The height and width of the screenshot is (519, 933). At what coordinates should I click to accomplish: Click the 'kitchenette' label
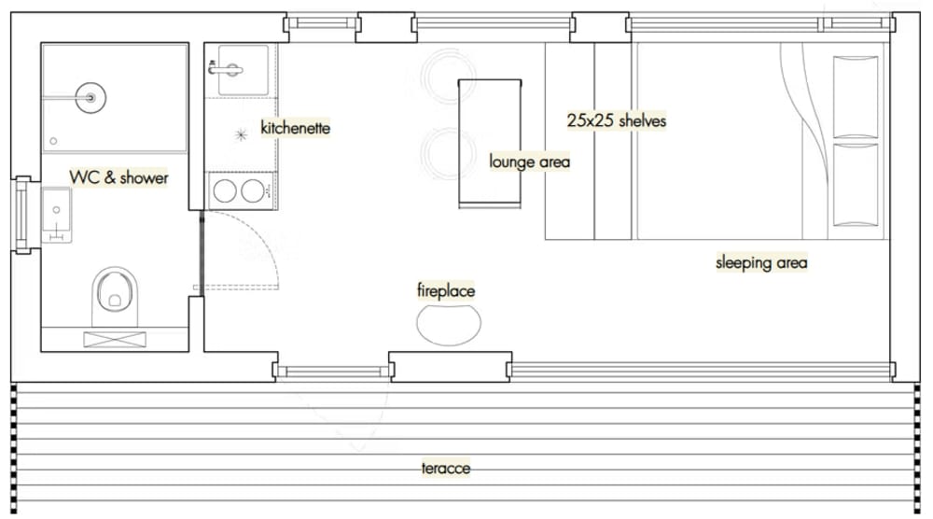pos(295,127)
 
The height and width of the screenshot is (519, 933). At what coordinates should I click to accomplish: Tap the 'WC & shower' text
pos(119,177)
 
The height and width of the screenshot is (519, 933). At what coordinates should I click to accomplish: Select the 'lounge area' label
pos(529,161)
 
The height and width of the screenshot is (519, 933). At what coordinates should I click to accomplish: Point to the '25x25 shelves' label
pos(617,120)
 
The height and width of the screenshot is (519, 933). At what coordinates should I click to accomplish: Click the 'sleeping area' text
pos(761,262)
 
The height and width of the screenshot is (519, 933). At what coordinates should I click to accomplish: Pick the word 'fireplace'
pos(446,290)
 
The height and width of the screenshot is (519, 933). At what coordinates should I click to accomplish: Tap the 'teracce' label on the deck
pos(446,468)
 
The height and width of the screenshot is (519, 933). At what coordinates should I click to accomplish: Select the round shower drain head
pos(91,98)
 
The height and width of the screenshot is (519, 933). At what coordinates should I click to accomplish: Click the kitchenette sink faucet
pos(226,70)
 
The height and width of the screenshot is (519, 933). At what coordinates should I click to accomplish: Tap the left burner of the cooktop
pos(225,191)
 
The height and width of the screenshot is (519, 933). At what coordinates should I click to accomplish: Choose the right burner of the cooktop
pos(252,191)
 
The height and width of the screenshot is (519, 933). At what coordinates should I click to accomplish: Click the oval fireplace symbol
pos(449,325)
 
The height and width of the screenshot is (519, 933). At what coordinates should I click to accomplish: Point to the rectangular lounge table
pos(490,144)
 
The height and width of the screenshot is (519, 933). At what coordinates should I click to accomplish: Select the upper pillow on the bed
pos(856,97)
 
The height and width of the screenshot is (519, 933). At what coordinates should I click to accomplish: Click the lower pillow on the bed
pos(856,185)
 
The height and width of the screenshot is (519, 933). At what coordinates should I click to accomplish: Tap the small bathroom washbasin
pos(57,215)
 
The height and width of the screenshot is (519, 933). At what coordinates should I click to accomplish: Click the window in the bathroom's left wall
pos(22,215)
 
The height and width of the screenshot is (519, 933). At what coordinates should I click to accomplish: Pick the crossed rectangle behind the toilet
pos(115,339)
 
